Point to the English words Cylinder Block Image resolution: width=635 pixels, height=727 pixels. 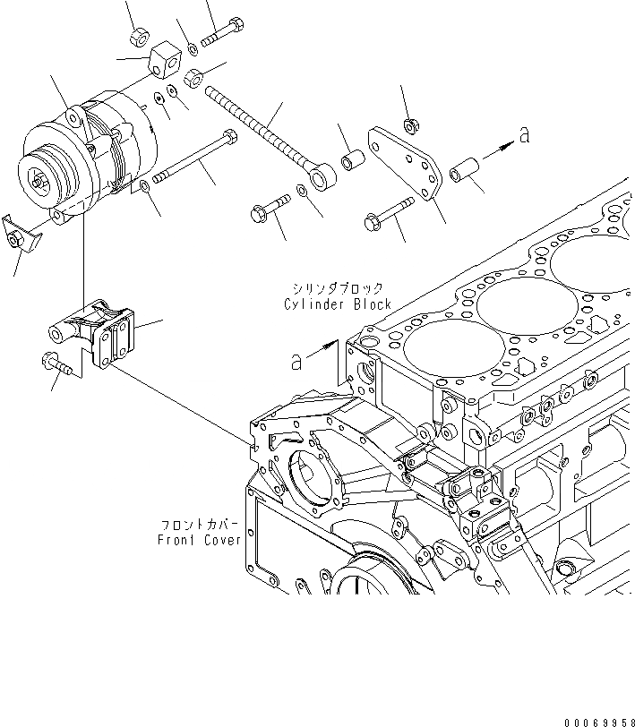tap(338, 304)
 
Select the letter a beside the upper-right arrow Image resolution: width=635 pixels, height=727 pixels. tap(524, 135)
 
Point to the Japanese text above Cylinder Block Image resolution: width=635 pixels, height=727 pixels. tap(337, 288)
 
